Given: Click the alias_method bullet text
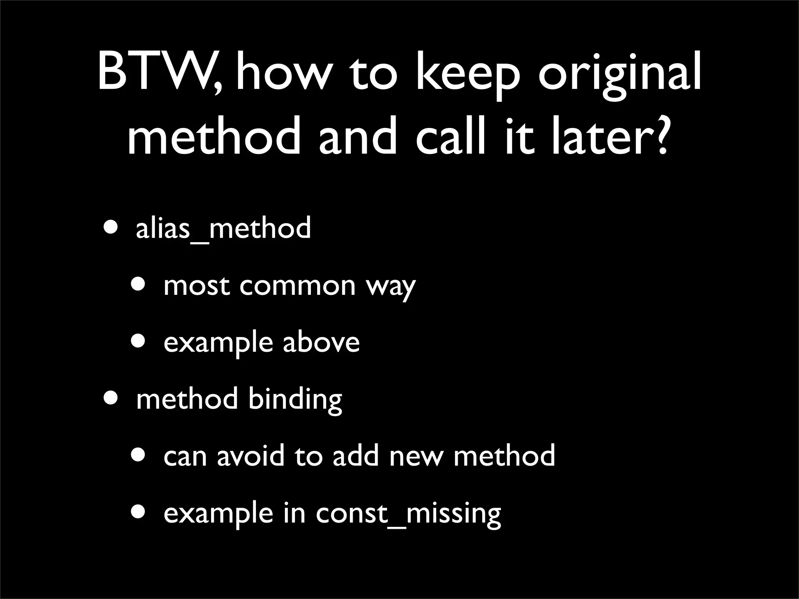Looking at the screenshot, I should [x=223, y=229].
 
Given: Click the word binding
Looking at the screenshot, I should [x=295, y=400].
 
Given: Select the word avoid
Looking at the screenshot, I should [x=251, y=455].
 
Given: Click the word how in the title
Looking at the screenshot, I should [x=281, y=74].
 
